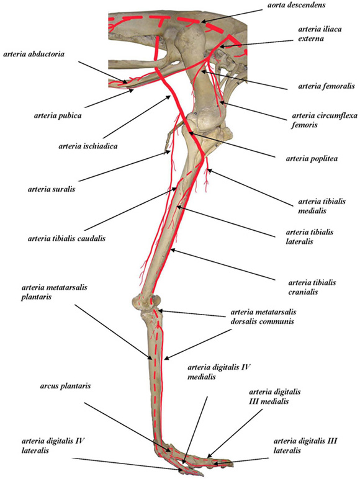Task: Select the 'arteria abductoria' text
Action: pyautogui.click(x=34, y=54)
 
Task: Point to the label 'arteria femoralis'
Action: pyautogui.click(x=326, y=86)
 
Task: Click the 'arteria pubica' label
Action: pyautogui.click(x=58, y=116)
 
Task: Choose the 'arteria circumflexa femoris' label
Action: pyautogui.click(x=325, y=120)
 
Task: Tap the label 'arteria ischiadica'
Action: pyautogui.click(x=88, y=146)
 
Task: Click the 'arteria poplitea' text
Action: pyautogui.click(x=312, y=159)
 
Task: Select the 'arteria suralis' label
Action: pyautogui.click(x=52, y=189)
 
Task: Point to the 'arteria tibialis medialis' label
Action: pyautogui.click(x=322, y=206)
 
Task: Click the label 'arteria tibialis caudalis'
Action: pyautogui.click(x=66, y=238)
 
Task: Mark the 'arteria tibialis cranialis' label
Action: pyautogui.click(x=312, y=287)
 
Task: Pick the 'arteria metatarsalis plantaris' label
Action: pyautogui.click(x=54, y=292)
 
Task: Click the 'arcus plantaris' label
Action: pyautogui.click(x=65, y=386)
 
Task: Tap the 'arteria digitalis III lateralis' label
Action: pyautogui.click(x=305, y=445)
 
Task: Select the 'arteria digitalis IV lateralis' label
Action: pyautogui.click(x=53, y=445)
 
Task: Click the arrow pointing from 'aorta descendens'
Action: pyautogui.click(x=232, y=16)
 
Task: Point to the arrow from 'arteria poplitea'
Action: pyautogui.click(x=232, y=145)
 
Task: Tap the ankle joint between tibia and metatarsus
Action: pyautogui.click(x=146, y=302)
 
